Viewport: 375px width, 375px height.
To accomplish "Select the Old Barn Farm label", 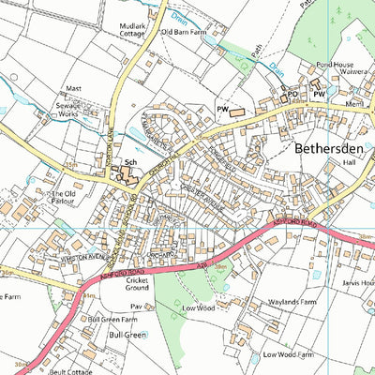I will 183,32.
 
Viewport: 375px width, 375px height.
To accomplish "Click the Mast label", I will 73,89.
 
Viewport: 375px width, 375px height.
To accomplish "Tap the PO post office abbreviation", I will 292,95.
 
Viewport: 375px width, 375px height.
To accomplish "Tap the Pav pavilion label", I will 135,307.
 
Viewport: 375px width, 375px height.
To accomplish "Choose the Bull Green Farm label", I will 107,319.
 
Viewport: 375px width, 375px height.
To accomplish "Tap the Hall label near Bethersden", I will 350,161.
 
